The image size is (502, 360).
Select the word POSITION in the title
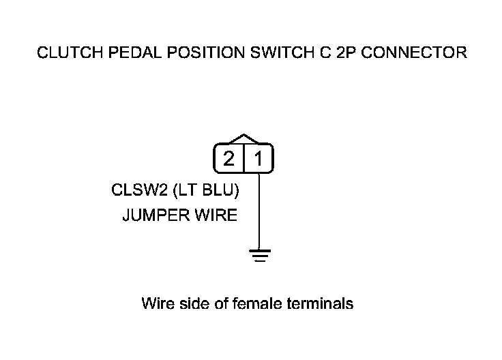186,53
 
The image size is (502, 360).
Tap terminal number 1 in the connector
259,160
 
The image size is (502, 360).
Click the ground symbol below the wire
259,255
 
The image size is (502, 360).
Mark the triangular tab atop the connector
243,138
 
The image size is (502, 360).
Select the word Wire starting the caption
156,303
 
